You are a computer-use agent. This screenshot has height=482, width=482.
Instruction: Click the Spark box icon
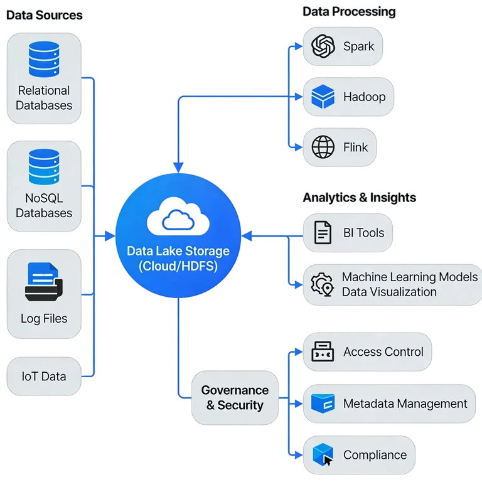(323, 46)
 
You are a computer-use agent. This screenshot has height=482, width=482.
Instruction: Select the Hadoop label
(364, 97)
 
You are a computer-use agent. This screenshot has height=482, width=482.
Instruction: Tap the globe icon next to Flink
(323, 147)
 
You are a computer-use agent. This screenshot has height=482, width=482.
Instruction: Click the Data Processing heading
(349, 11)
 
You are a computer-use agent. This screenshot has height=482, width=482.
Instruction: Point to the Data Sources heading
(45, 14)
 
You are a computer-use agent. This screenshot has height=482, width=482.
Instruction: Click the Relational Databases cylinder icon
(43, 59)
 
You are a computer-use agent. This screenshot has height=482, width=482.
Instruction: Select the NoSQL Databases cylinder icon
(43, 167)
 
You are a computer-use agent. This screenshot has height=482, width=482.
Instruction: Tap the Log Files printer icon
(43, 282)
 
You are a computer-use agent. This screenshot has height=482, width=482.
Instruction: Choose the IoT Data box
(44, 377)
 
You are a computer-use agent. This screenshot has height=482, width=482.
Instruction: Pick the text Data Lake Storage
(178, 251)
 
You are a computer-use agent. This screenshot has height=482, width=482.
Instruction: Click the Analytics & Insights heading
(359, 198)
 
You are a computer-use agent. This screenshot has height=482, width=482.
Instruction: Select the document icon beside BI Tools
(323, 233)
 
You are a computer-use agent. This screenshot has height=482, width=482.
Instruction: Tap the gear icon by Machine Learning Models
(323, 284)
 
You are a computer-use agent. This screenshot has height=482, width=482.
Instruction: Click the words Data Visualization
(389, 292)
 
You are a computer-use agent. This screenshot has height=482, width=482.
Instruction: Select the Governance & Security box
(235, 397)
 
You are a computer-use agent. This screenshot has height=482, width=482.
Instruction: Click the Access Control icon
(323, 352)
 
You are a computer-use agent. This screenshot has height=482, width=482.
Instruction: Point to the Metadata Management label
(405, 404)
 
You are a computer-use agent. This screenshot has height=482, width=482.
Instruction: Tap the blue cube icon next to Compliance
(323, 455)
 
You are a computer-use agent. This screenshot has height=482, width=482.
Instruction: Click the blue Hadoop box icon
(323, 97)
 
